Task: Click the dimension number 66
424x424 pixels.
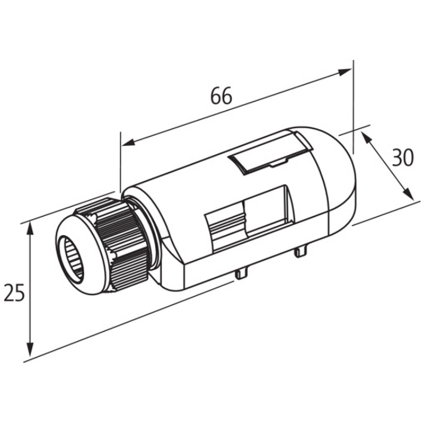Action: click(x=221, y=96)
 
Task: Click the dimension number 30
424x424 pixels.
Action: click(x=403, y=158)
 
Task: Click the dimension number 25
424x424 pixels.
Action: click(x=14, y=293)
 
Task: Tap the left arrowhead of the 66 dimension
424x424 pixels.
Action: click(x=129, y=143)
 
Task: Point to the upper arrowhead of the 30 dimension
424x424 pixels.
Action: click(x=366, y=137)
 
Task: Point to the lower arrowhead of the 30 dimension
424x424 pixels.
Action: click(x=408, y=194)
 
